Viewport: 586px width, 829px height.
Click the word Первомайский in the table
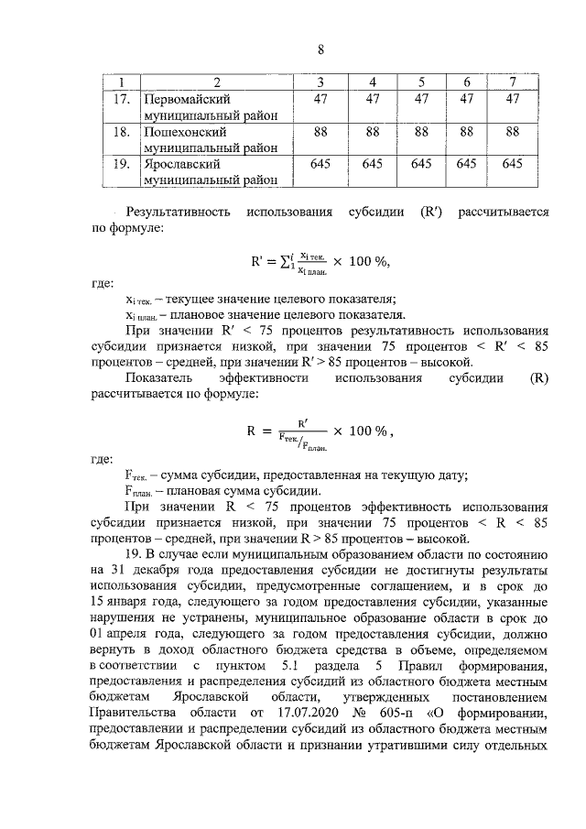click(183, 99)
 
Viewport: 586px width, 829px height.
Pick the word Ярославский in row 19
click(179, 165)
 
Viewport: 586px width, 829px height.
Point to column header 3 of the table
click(320, 83)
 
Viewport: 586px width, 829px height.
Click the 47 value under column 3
click(320, 99)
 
